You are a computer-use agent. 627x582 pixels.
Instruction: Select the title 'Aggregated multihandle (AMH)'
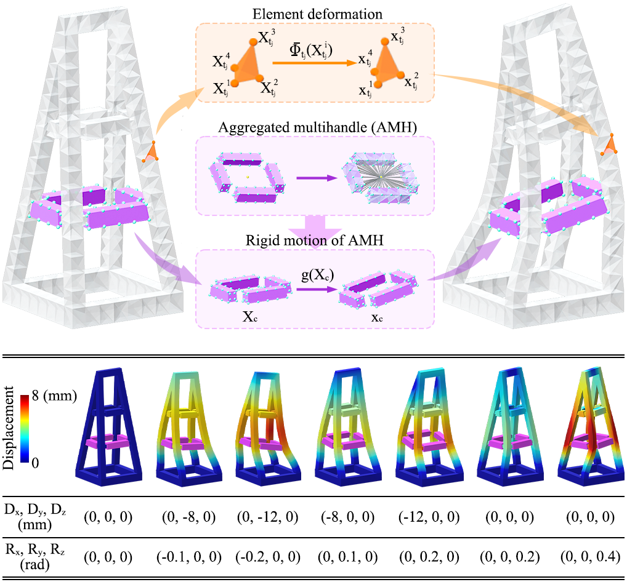(315, 127)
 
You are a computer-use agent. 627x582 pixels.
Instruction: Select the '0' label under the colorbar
(36, 462)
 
